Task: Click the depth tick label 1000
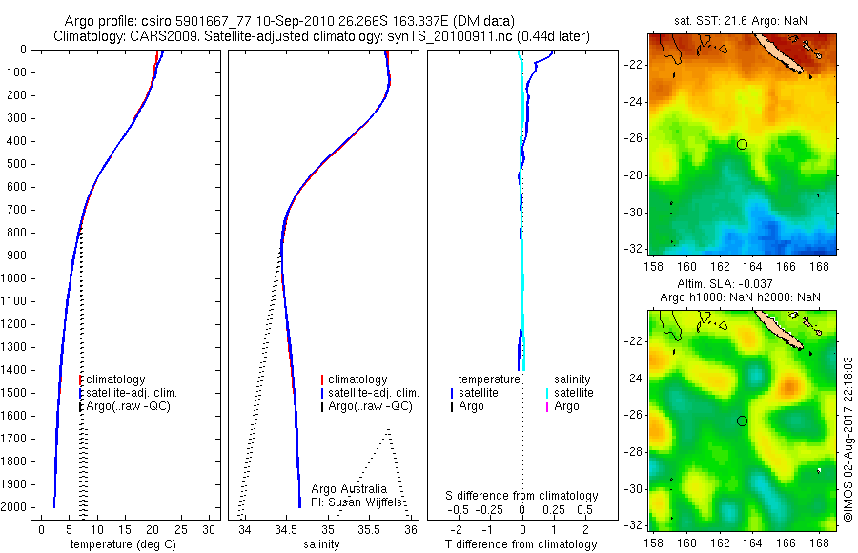coord(15,278)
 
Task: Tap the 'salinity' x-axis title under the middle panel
coord(319,544)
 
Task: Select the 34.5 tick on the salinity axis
coord(286,528)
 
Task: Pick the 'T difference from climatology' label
coord(521,544)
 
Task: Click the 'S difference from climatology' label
coord(521,496)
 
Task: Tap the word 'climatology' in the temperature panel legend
coord(115,379)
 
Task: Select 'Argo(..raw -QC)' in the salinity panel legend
coord(370,406)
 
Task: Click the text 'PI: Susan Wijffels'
coord(355,502)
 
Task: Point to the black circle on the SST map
coord(742,144)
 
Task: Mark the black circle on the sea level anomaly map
coord(742,420)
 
